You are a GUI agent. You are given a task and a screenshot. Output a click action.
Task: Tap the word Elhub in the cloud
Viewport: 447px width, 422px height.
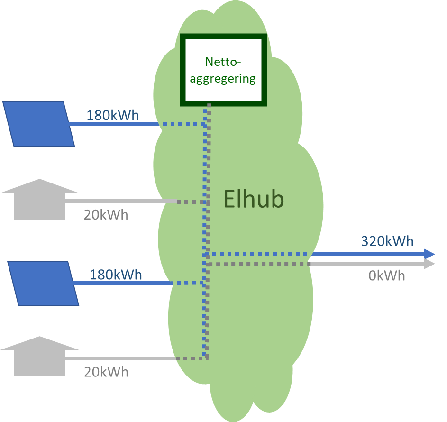tap(254, 200)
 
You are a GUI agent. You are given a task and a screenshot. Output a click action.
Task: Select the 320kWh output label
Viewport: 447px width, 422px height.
tap(387, 241)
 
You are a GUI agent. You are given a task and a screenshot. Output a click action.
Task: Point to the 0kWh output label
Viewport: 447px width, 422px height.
tap(387, 275)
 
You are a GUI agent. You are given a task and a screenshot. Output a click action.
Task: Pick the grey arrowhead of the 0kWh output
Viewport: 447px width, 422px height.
tap(429, 264)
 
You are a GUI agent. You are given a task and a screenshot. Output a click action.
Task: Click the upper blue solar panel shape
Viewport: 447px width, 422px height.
tap(39, 124)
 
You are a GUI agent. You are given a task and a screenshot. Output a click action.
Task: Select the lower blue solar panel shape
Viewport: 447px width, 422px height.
tap(43, 283)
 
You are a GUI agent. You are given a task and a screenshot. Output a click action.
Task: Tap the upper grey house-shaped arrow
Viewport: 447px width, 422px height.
tap(40, 200)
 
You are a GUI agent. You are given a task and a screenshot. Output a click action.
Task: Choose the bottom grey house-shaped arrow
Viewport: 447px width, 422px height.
tap(40, 357)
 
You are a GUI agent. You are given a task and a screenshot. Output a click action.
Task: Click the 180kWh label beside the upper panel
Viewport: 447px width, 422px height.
tap(112, 116)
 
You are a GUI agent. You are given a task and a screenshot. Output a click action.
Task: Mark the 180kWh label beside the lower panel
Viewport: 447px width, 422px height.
tap(116, 275)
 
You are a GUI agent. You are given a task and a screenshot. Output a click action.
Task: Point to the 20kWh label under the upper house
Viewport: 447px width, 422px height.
tap(106, 215)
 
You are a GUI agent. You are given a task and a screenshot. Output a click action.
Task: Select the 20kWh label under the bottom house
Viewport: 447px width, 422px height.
tap(106, 372)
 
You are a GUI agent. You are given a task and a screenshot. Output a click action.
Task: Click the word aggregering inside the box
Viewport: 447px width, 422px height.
tap(223, 79)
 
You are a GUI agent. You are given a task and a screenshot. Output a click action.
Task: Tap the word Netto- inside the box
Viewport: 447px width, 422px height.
tap(223, 62)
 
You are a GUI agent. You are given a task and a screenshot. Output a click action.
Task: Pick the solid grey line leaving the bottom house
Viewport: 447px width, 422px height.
tap(121, 359)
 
